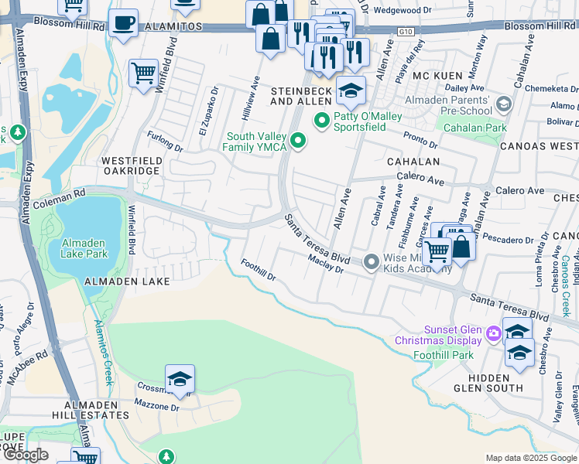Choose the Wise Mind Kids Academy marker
point(372,263)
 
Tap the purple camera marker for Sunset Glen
point(494,334)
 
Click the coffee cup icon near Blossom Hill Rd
point(123,22)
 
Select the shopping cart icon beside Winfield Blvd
point(143,73)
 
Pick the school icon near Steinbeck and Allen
point(351,90)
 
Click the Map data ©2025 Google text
point(530,458)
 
